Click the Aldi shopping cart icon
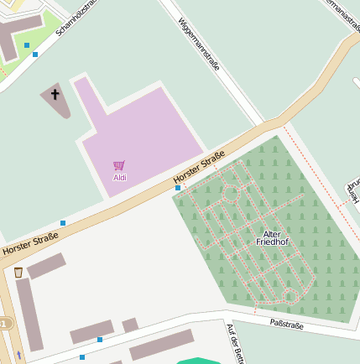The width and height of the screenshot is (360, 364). [119, 166]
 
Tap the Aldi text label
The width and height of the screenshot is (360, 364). [120, 178]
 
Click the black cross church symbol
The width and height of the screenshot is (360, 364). [55, 94]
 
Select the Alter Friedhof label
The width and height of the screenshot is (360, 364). [272, 238]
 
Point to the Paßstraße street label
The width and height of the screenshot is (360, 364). [286, 323]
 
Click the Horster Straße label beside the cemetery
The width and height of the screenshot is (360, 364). [199, 169]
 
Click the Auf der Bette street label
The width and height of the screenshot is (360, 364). [235, 344]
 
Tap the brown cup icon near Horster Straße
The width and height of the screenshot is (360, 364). [18, 273]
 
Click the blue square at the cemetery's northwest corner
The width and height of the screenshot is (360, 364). [178, 189]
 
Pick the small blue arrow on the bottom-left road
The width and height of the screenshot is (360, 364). [18, 356]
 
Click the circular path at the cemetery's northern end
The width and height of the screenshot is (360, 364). [230, 195]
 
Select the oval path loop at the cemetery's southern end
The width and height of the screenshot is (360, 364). [289, 295]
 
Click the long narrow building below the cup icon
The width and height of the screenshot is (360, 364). [29, 315]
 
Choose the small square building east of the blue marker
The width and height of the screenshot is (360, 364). [130, 325]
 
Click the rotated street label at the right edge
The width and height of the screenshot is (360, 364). [352, 192]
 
